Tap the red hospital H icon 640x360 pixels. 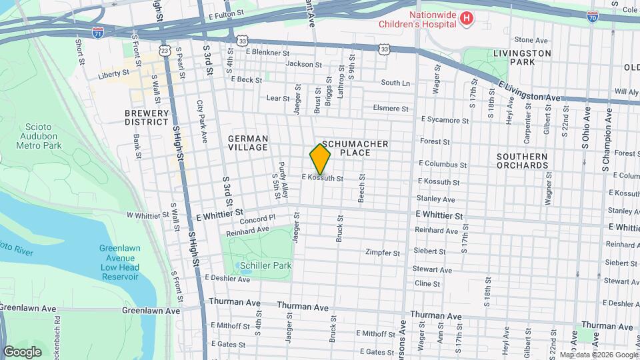467,19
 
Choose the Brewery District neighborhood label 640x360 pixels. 146,117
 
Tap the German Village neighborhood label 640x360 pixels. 248,143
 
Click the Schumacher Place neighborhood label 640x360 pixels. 355,148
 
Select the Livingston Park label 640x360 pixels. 522,57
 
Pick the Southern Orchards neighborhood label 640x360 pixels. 522,161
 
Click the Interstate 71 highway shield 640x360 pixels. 98,31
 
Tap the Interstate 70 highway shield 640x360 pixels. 592,17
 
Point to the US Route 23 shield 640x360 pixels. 165,50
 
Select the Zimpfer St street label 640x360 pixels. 383,253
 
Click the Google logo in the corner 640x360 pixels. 22,352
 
